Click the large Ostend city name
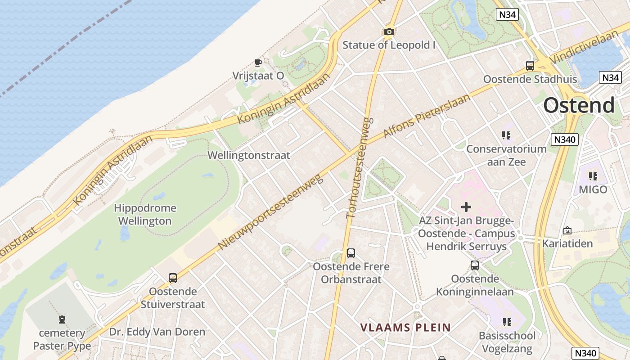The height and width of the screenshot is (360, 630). click(579, 105)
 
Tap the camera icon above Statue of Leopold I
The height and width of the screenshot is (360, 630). click(389, 31)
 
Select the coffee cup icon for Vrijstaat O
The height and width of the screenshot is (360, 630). click(258, 63)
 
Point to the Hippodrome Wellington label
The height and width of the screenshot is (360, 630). click(145, 215)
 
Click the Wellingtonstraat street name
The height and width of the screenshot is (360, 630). click(248, 155)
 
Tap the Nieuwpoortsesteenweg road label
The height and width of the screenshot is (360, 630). click(271, 212)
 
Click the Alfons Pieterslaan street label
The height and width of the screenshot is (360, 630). click(427, 116)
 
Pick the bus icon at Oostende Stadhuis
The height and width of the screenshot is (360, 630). click(530, 65)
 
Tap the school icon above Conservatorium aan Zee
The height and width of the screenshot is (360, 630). click(506, 135)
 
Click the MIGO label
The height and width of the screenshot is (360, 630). click(593, 189)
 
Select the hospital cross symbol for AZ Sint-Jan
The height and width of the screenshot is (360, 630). click(466, 207)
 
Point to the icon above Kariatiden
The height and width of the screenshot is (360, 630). click(567, 230)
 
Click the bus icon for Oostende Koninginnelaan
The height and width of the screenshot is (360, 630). click(475, 265)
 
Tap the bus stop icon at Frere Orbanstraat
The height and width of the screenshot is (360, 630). click(351, 253)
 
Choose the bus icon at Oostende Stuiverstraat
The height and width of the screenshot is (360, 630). click(173, 278)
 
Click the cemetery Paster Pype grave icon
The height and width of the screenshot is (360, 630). click(62, 319)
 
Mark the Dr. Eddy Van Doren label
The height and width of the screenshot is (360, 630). click(157, 332)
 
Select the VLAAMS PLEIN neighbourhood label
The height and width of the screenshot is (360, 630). click(405, 327)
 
